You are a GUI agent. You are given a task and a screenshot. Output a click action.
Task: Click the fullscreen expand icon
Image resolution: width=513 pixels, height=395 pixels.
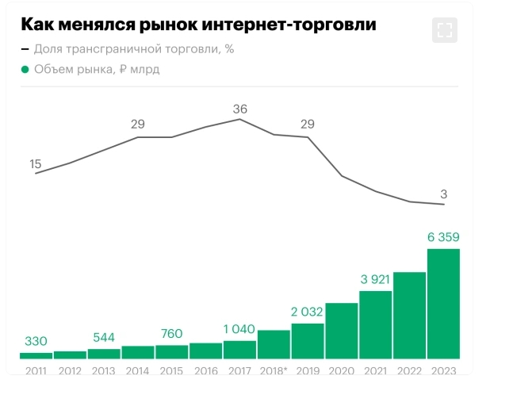tap(445, 30)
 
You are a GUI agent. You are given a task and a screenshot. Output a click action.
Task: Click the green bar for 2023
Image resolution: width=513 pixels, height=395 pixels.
tap(443, 304)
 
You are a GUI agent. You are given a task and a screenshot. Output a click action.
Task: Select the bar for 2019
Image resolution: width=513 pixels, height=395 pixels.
tap(308, 341)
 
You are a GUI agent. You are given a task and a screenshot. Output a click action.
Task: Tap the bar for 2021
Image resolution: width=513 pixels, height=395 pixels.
tap(376, 324)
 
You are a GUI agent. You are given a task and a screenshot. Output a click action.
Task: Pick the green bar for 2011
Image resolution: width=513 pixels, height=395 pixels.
tap(36, 355)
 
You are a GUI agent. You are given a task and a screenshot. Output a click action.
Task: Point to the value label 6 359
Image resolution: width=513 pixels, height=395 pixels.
tap(443, 236)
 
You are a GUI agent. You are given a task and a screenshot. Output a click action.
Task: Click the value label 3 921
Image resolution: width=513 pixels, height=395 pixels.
tap(376, 279)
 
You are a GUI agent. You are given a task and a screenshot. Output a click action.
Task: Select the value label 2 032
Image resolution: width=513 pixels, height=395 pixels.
tap(308, 312)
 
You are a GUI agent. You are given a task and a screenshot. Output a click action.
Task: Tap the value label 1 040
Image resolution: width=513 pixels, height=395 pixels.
tap(239, 329)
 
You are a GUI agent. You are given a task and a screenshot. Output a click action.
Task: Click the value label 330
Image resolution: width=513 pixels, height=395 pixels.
tap(36, 341)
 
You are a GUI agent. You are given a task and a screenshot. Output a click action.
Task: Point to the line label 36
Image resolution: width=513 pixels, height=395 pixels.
tap(240, 109)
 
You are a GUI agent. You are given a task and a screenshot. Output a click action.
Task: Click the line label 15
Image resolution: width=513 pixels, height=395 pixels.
tap(36, 164)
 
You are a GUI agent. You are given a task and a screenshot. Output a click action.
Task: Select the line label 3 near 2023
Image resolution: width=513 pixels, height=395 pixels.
tap(444, 194)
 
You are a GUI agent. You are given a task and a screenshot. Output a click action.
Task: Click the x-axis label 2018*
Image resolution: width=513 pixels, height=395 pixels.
tap(274, 370)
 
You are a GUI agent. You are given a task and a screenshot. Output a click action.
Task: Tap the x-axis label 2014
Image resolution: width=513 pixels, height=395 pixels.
tap(138, 370)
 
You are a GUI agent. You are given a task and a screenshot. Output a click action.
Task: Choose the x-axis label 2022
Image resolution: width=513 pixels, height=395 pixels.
tap(409, 370)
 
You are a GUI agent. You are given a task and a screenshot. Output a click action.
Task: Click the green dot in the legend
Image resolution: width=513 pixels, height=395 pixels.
tap(25, 69)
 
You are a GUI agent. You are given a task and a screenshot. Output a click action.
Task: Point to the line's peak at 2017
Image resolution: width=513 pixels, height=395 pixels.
tap(240, 119)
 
